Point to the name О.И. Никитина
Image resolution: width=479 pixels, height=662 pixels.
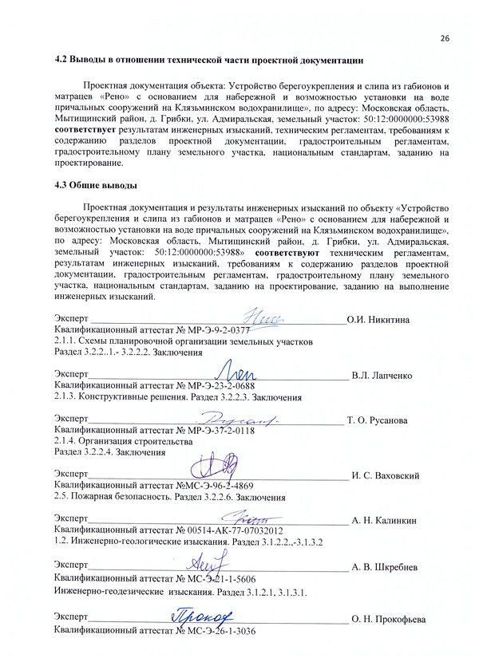[378, 320]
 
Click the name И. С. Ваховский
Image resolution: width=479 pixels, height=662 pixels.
[386, 475]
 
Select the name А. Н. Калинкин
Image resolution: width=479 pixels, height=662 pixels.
[384, 520]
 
